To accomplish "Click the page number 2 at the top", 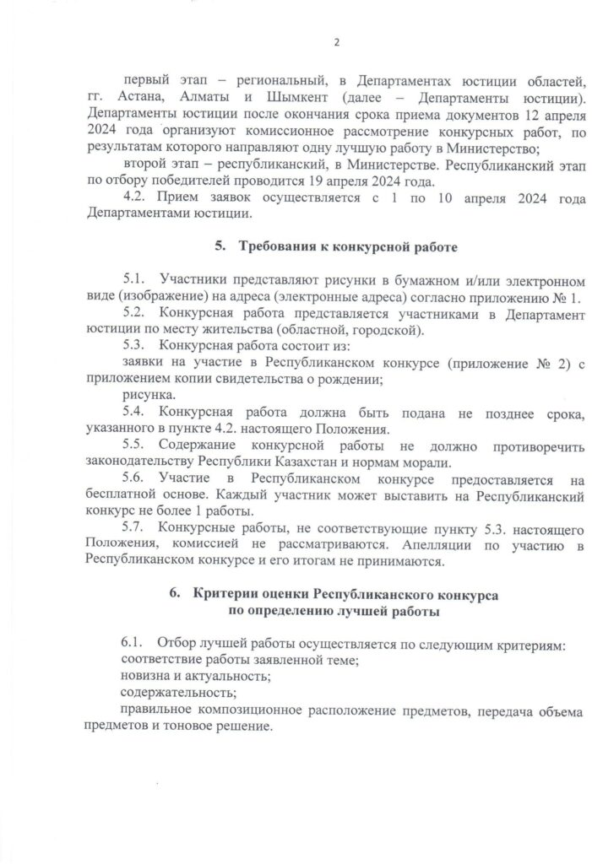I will point(335,43).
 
